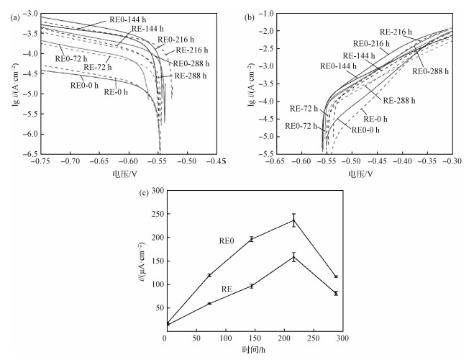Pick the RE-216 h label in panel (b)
click(x=392, y=32)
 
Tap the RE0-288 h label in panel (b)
click(x=431, y=71)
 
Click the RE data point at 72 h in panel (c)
click(x=209, y=303)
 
